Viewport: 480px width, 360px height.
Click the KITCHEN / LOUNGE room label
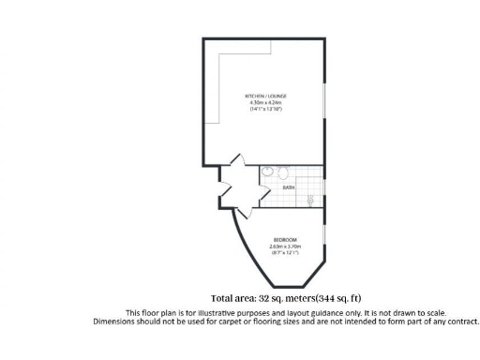(266, 97)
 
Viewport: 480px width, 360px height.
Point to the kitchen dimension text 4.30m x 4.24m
(266, 103)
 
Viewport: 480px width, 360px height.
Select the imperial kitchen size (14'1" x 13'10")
(266, 110)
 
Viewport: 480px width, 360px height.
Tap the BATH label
(289, 187)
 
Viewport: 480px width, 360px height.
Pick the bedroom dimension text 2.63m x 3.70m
(285, 246)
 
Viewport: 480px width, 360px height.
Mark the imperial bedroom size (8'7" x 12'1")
(285, 252)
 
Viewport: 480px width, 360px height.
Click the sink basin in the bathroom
(268, 172)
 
